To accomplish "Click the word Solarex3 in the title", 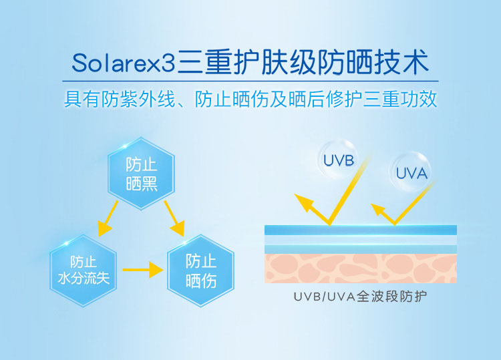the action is coord(124,63).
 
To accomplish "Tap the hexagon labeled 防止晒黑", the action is coord(141,174).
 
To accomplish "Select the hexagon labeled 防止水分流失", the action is coord(83,271).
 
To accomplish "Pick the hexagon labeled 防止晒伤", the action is coord(201,271).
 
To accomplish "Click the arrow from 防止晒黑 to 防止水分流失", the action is coord(108,219).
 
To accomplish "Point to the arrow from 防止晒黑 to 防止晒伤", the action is coord(174,219).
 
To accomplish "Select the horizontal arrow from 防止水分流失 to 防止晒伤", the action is coord(143,271).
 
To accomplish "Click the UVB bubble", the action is coord(338,160).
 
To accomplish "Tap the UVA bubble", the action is coord(411,172).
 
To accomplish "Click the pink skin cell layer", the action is coord(361,268).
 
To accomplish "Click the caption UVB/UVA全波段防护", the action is coord(361,297).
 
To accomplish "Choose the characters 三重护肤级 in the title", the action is coord(246,62).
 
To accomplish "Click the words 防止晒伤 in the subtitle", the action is coord(231,99).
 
